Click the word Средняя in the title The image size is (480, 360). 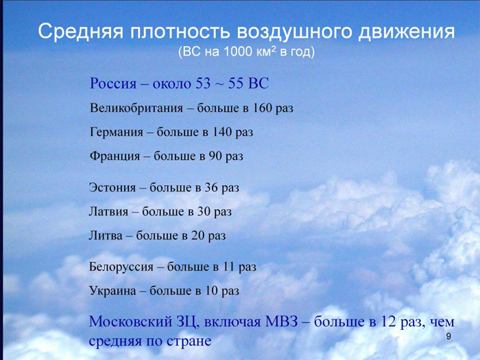coord(82,32)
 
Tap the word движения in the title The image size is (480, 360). coord(407,32)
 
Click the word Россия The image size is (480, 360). coord(113,83)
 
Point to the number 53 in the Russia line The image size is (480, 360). coord(203,83)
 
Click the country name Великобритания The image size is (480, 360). coord(136,108)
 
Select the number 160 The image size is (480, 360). coord(261,108)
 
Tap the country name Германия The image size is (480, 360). coord(117,132)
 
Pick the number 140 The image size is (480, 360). coord(221,132)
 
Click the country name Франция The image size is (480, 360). coord(115,156)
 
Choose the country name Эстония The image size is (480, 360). coord(112,187)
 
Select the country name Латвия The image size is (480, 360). coord(108,211)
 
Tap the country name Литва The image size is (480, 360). coord(106,235)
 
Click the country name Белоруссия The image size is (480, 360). coord(121,267)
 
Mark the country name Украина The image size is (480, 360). coord(112,291)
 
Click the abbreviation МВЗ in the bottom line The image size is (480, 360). coord(281,322)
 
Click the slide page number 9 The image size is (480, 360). coord(448,337)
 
